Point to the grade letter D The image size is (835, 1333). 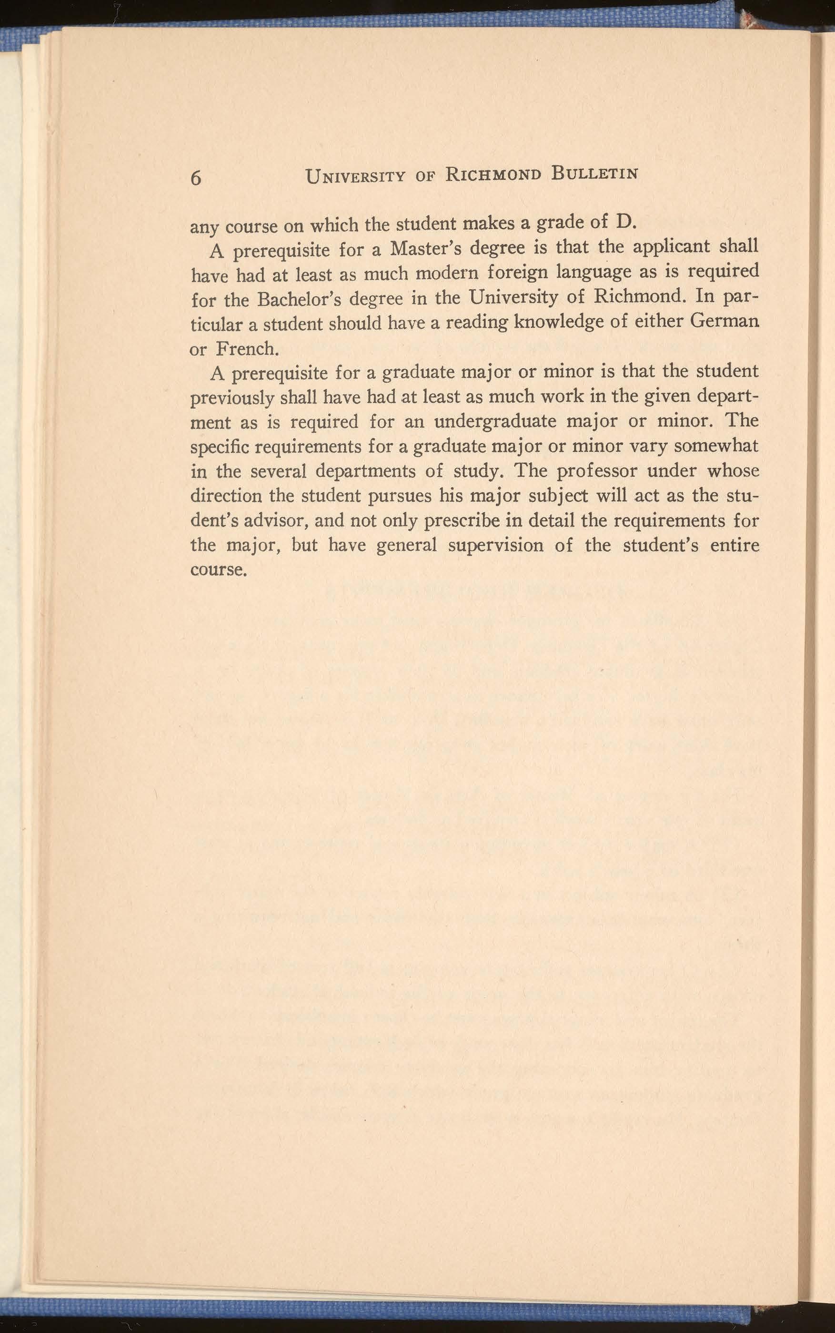(x=623, y=222)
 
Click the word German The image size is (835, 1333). (x=724, y=321)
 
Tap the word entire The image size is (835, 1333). (x=734, y=545)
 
